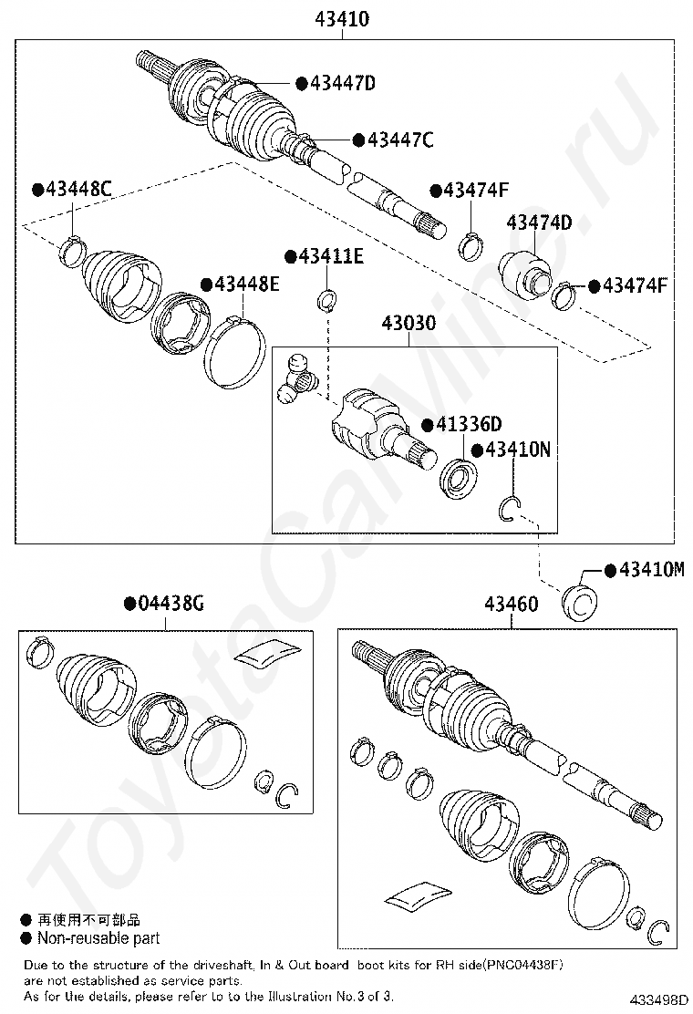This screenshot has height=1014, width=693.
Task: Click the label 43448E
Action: pos(246,285)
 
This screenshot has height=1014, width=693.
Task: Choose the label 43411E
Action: pos(330,256)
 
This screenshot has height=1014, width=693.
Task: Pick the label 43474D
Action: pos(539,222)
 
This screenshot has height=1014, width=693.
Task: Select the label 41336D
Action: pos(469,425)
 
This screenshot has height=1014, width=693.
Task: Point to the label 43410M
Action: pos(651,569)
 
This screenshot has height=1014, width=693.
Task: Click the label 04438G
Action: pos(171,603)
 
